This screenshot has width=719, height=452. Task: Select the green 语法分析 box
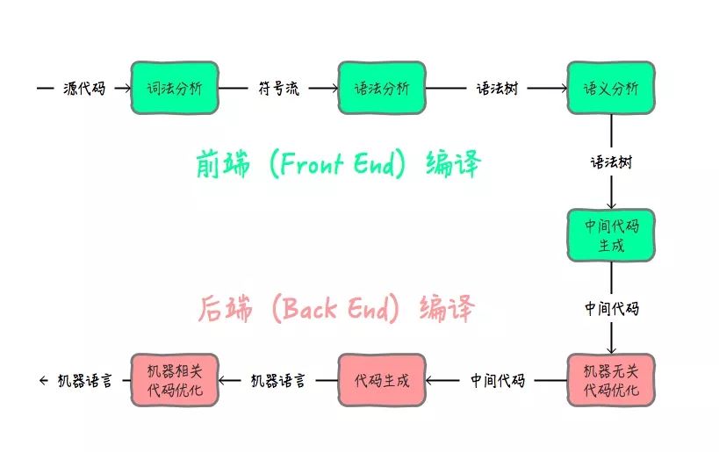coord(381,88)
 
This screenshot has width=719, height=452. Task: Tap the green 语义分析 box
coord(611,88)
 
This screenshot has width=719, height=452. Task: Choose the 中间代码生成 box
coord(611,235)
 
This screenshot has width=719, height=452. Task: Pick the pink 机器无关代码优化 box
coord(611,381)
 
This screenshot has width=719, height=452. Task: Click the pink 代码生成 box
coord(381,381)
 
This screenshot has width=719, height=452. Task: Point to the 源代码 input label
coord(84,89)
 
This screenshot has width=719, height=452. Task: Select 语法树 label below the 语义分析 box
coord(611,162)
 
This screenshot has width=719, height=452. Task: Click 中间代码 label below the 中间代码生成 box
coord(611,308)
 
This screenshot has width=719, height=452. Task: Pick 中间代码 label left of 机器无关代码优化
coord(497,381)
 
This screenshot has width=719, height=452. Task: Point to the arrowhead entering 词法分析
coord(126,89)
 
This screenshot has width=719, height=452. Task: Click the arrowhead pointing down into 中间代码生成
coord(611,204)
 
